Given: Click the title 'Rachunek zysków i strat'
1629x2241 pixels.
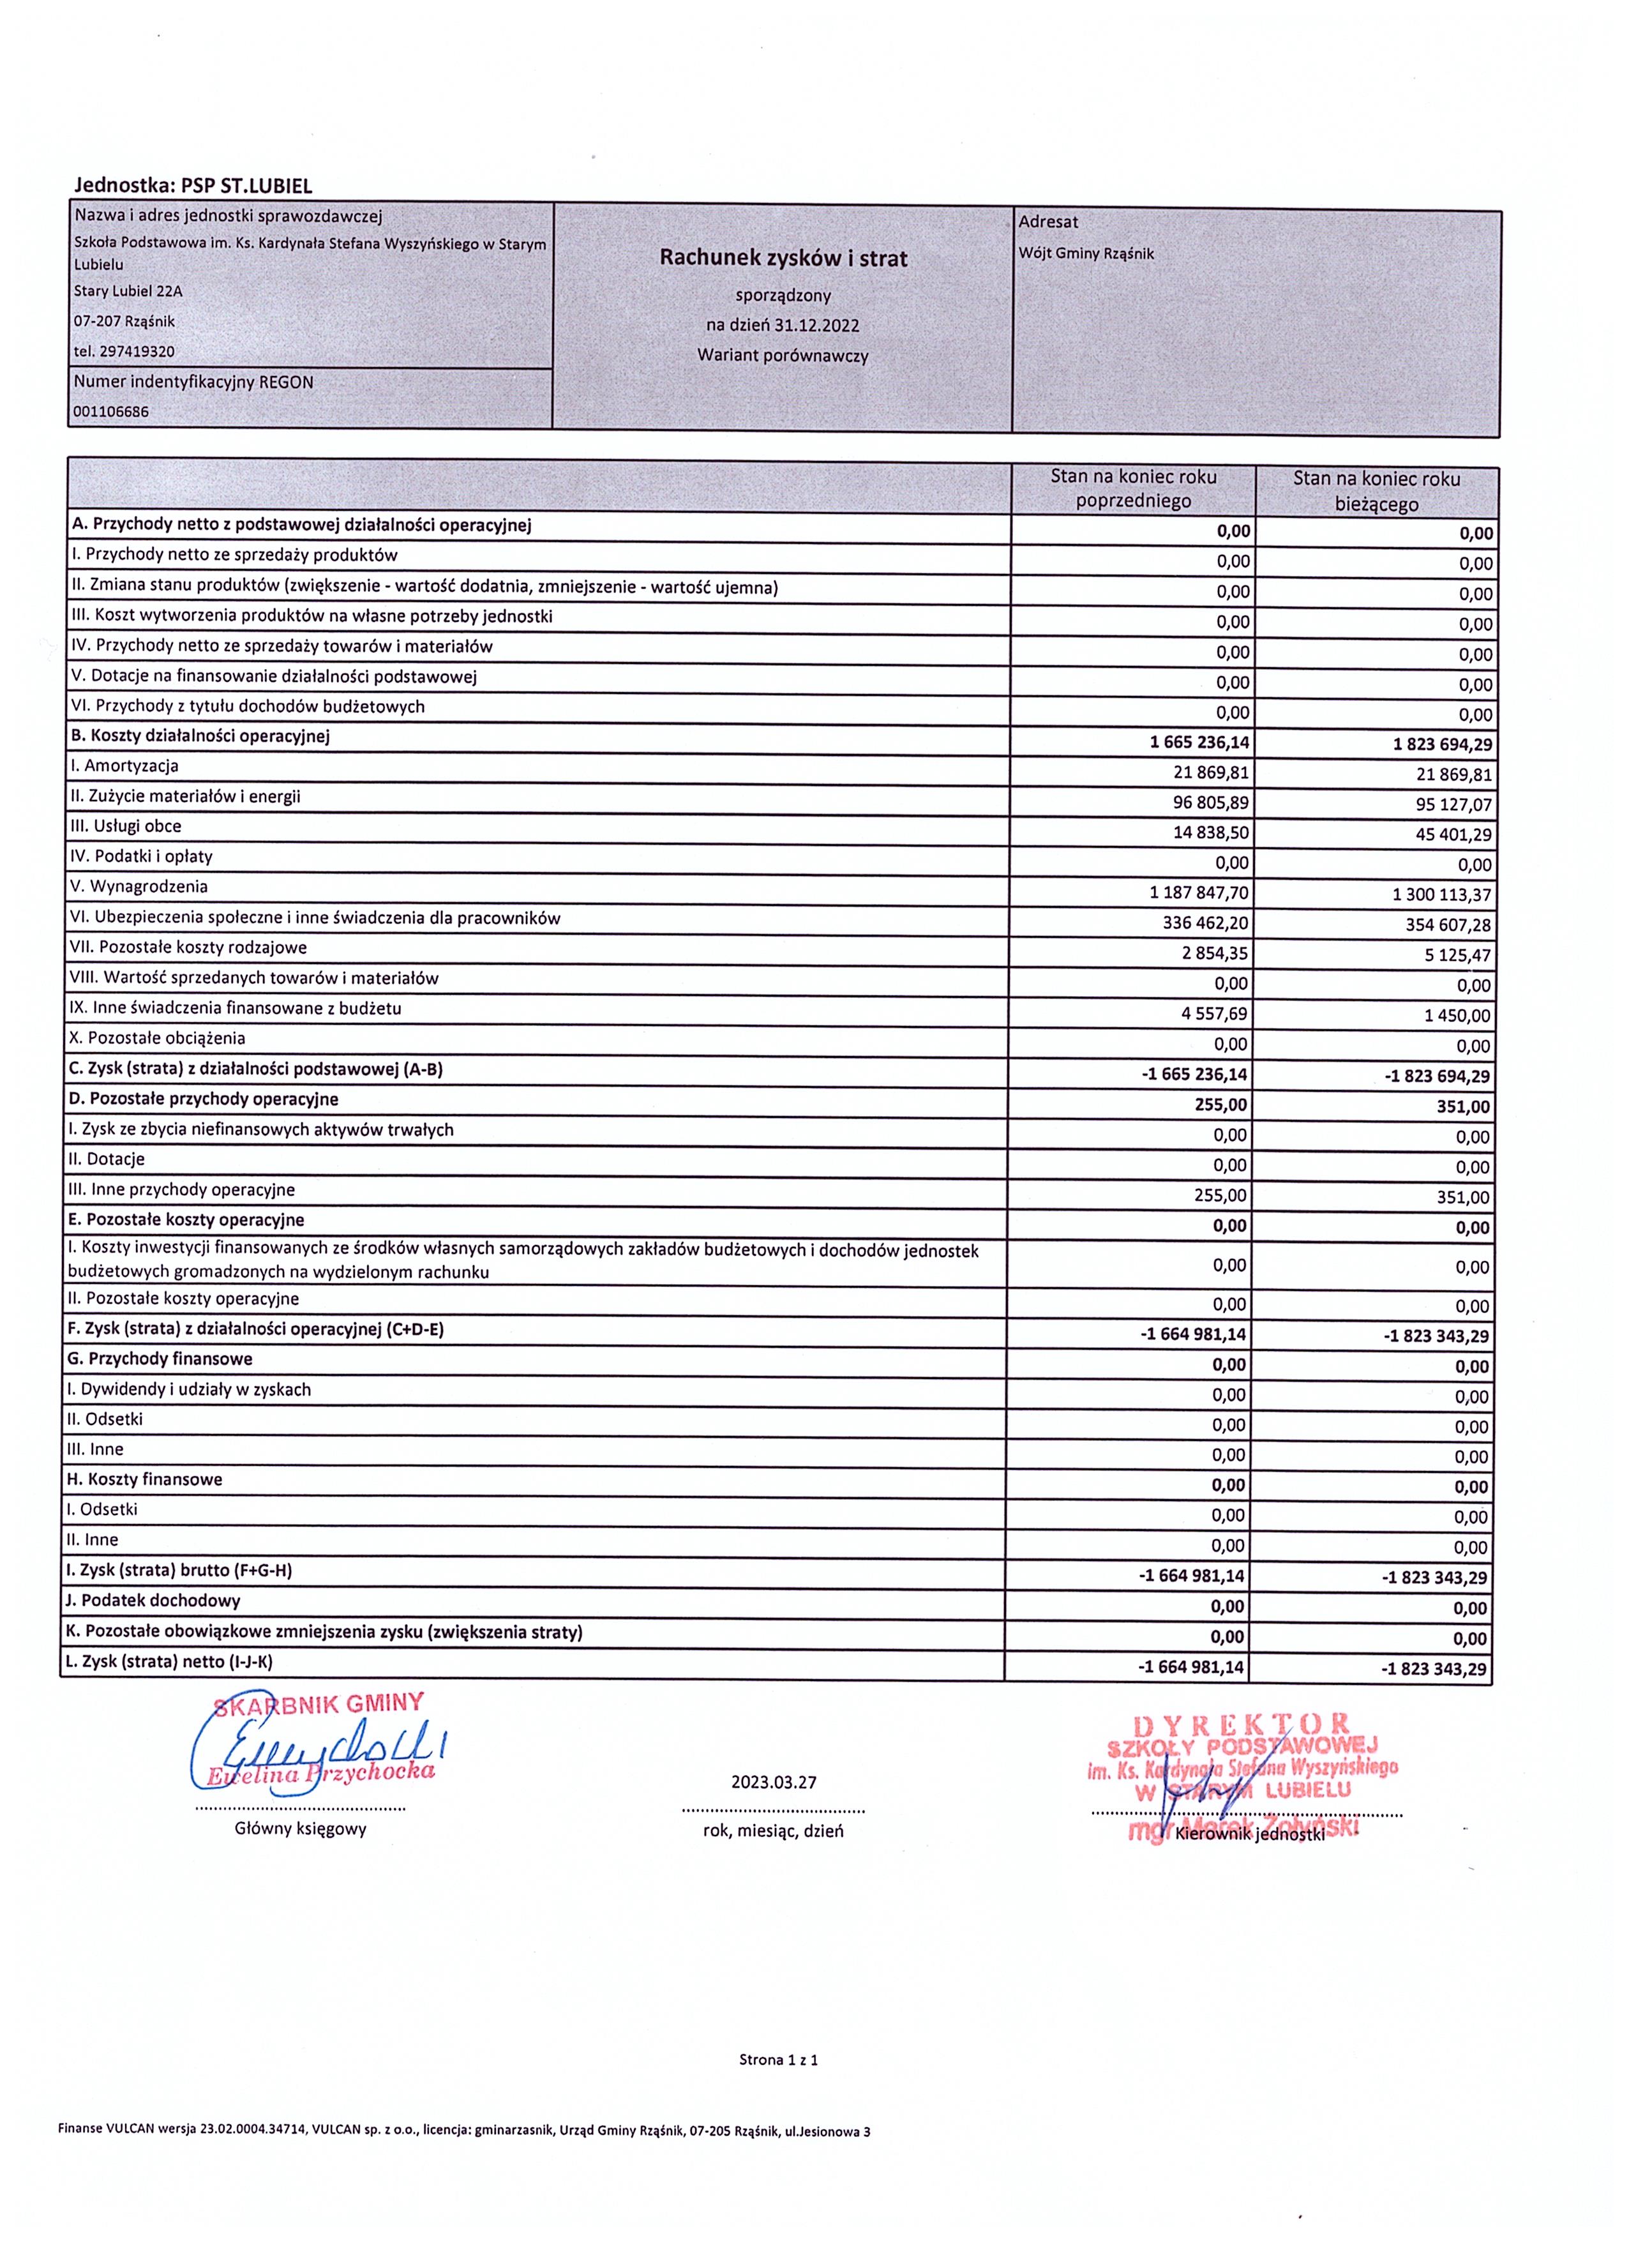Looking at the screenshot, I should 783,259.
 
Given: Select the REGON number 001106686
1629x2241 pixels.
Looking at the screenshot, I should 112,412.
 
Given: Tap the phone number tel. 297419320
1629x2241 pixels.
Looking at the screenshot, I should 124,351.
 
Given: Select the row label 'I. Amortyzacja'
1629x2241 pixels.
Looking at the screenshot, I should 124,766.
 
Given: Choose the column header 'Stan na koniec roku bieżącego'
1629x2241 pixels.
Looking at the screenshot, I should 1376,491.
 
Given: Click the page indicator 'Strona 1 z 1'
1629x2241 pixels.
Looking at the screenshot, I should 779,2060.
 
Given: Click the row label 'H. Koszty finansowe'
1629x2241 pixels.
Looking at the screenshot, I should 145,1479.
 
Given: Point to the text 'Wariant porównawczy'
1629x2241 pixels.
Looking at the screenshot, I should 783,356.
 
